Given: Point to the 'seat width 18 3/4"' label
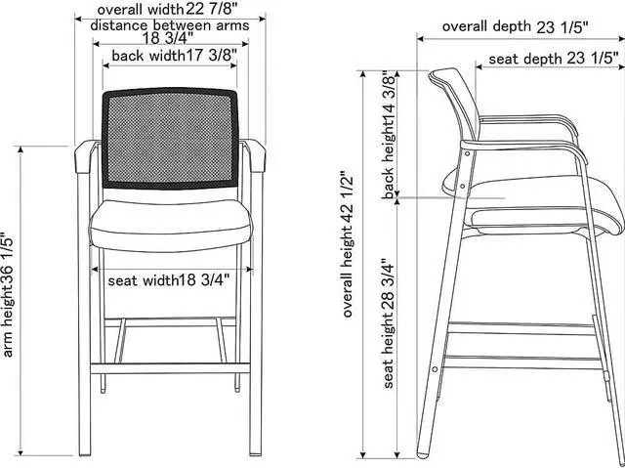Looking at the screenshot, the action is pos(169,280).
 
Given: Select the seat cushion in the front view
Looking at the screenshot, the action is pos(168,226).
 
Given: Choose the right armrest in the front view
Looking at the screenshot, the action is pos(255,154).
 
